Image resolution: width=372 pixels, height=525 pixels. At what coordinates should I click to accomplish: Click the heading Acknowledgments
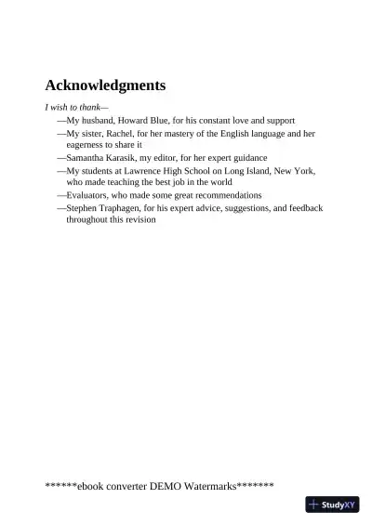105,85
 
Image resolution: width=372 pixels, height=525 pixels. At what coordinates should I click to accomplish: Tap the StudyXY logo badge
332,505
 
